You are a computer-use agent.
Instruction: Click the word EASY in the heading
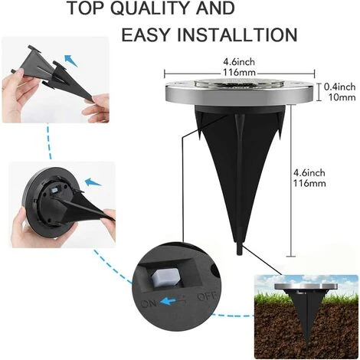tap(146, 34)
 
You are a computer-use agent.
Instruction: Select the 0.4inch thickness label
tap(339, 87)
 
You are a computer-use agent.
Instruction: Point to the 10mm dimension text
tap(342, 97)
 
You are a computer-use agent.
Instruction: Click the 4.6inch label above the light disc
tap(239, 62)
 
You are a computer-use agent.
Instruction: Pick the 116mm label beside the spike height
tap(309, 183)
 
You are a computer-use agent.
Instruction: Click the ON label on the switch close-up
tap(149, 303)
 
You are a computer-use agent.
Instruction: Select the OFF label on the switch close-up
tap(207, 297)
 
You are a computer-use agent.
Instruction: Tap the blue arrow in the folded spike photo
tap(70, 61)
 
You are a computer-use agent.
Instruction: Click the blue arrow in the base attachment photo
tap(93, 182)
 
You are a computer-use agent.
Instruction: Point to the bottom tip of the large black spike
tap(240, 254)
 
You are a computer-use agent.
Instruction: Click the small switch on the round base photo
tap(55, 191)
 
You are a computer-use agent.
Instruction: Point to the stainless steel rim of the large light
tap(240, 96)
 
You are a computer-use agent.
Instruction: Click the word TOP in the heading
tap(85, 8)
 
